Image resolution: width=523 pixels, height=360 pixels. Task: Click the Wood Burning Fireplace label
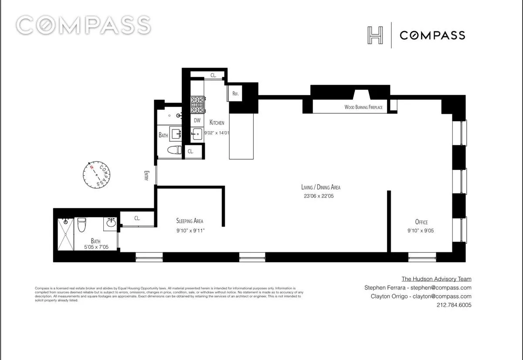(366, 107)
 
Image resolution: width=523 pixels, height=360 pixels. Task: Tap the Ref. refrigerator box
(236, 93)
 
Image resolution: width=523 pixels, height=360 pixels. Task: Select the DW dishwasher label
(197, 120)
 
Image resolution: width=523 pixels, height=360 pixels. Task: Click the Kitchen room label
(217, 122)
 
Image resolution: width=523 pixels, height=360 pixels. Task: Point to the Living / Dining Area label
(321, 187)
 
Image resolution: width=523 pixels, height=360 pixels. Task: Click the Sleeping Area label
(190, 221)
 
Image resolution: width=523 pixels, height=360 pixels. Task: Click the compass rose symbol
(98, 175)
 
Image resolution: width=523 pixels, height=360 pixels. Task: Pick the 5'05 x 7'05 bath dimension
(97, 247)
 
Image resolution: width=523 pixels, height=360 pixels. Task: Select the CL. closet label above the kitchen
(214, 75)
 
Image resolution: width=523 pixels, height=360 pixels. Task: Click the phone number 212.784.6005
(454, 305)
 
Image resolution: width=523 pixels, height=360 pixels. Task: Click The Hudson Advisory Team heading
(436, 279)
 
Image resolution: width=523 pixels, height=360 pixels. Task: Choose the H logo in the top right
(375, 35)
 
